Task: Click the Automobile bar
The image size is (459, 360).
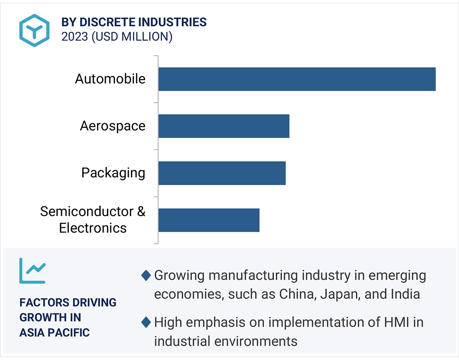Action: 297,79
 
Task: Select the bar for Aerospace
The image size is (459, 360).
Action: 224,126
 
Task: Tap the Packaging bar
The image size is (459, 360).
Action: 222,173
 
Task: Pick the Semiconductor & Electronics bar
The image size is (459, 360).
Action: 209,220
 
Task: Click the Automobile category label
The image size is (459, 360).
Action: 110,79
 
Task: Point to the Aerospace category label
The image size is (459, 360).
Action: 113,126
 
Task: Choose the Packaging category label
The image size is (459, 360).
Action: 113,173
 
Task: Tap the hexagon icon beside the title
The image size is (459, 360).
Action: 35,30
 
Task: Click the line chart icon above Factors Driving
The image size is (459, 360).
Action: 33,271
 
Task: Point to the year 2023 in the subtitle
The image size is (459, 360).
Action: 75,37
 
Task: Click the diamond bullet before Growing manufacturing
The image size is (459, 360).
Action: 146,276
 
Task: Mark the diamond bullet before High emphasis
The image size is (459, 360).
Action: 146,323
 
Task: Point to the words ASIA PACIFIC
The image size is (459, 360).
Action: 55,333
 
